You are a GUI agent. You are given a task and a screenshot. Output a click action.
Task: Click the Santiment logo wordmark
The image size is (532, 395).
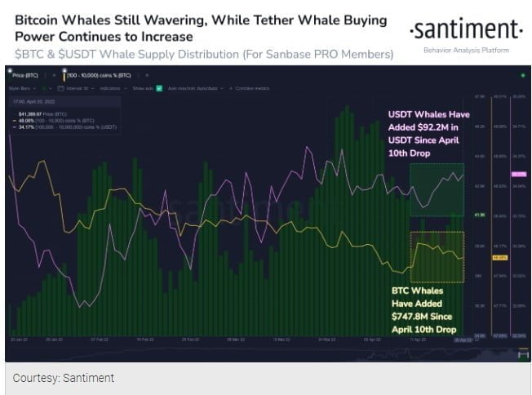[x=465, y=30]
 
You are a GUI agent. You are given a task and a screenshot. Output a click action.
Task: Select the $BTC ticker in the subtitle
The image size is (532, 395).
[x=29, y=54]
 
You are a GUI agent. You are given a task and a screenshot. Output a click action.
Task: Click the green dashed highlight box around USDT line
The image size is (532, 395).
[x=437, y=189]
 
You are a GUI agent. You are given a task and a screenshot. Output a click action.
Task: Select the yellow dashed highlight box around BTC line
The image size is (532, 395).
[x=437, y=256]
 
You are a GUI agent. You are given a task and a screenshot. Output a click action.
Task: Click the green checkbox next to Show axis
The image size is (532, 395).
[x=160, y=87]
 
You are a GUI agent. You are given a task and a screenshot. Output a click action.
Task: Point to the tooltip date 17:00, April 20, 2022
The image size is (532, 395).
[x=34, y=101]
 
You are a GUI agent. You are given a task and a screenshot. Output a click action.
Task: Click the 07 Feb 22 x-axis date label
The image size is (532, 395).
[x=99, y=338]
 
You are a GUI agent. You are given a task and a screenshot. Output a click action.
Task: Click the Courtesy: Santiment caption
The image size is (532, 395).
[x=64, y=377]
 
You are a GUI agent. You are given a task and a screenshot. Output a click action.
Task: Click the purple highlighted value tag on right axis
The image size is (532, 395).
[x=517, y=175]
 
